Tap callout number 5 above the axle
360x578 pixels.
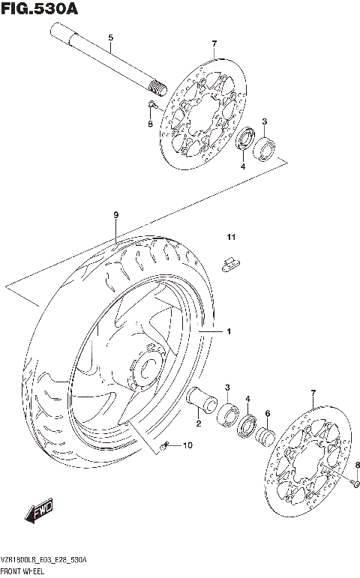click(110, 37)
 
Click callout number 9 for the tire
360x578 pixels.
click(116, 215)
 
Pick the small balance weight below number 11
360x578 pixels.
click(231, 262)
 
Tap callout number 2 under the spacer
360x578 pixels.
click(198, 425)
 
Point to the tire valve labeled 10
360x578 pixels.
click(166, 448)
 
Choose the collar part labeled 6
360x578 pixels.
click(266, 435)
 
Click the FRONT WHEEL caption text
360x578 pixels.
click(26, 571)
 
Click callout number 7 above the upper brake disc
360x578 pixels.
click(214, 44)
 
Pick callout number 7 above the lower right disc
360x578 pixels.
click(313, 393)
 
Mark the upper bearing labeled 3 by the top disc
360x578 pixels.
click(265, 148)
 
